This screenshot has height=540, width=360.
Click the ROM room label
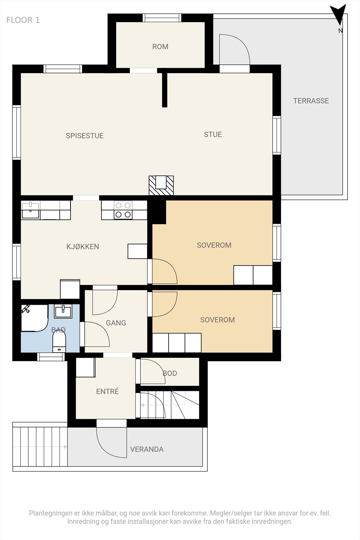(160, 47)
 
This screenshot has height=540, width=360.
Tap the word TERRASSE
(311, 101)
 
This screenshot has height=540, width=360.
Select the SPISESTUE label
(85, 136)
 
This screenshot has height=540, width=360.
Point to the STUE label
(213, 135)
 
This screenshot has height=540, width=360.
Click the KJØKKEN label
(83, 247)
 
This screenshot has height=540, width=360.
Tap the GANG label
(116, 323)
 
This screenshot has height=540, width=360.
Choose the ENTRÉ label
(108, 391)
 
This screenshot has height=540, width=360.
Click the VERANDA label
(147, 449)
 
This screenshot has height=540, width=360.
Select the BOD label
(170, 373)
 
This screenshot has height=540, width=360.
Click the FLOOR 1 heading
(23, 20)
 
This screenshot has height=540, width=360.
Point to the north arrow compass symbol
(338, 17)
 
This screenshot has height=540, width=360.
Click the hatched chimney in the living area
(161, 185)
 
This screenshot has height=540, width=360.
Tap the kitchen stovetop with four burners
(123, 210)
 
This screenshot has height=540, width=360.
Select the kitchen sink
(30, 211)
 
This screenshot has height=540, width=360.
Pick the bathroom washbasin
(63, 311)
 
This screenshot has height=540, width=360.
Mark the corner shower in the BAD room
(35, 318)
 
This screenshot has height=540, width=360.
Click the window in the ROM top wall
(162, 18)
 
